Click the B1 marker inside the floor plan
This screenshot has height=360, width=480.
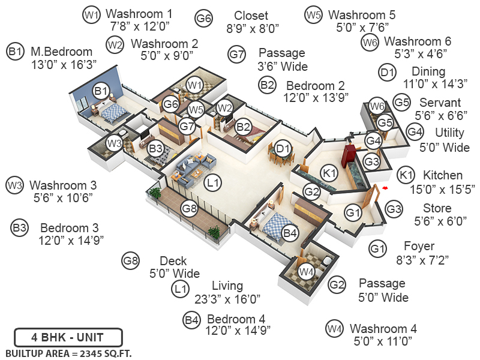tap(101, 91)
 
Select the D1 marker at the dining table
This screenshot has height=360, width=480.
tap(283, 148)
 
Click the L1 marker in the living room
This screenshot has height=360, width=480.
tap(212, 181)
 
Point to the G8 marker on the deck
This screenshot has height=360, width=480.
tap(190, 209)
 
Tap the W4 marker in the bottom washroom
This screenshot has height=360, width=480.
tap(307, 272)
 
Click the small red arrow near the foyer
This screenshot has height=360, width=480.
tap(385, 188)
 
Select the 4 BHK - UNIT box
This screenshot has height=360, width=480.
tap(68, 337)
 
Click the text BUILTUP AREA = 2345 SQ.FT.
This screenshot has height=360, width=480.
tap(68, 353)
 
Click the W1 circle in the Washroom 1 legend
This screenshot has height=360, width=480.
tap(91, 15)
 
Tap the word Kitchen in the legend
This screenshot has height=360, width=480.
tap(443, 176)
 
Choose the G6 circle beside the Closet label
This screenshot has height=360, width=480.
tap(204, 19)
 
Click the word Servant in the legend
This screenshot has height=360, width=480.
tap(440, 103)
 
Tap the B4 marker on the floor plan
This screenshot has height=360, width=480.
tap(290, 232)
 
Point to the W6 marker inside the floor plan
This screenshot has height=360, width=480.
tap(376, 107)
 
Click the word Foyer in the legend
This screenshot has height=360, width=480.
tap(419, 247)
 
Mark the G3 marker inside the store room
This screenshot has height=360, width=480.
tap(371, 161)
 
